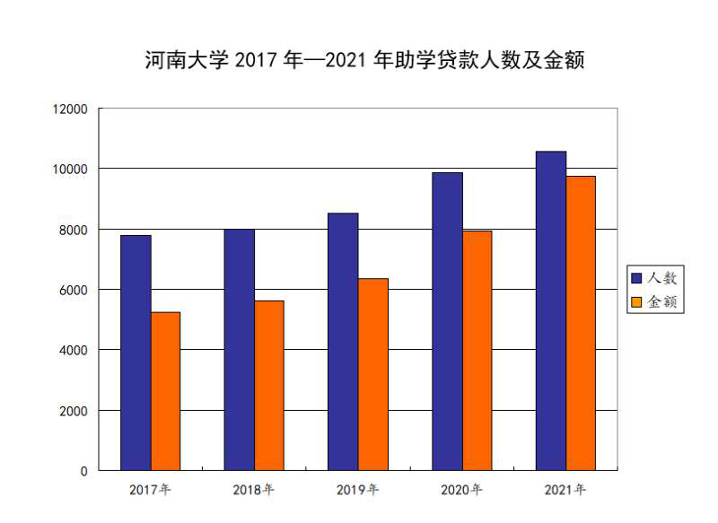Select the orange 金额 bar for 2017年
click(165, 391)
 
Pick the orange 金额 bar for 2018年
click(269, 386)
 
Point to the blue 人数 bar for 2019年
click(343, 342)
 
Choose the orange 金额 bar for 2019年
click(373, 374)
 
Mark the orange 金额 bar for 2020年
click(477, 351)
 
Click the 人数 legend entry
click(655, 278)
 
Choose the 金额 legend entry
click(655, 302)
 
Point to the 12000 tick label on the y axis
click(70, 109)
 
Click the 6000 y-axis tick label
click(74, 290)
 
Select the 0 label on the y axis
click(83, 471)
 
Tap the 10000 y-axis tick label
click(70, 169)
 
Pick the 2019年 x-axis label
click(357, 490)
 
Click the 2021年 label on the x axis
click(565, 490)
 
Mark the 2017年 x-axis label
click(150, 490)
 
